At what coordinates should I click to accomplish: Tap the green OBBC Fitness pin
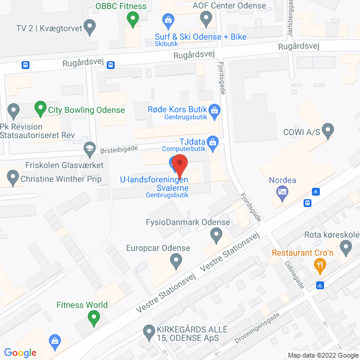[x=133, y=20]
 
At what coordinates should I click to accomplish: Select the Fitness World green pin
[x=93, y=319]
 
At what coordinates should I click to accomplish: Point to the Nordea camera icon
[x=283, y=193]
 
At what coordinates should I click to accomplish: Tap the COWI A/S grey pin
[x=328, y=130]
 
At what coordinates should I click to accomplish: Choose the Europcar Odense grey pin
[x=176, y=261]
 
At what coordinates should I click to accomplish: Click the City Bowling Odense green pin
[x=40, y=109]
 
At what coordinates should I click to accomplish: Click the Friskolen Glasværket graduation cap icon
[x=89, y=148]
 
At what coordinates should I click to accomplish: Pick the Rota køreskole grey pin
[x=346, y=247]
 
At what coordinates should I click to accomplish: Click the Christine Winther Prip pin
[x=13, y=178]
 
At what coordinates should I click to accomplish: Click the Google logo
[x=20, y=353]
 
